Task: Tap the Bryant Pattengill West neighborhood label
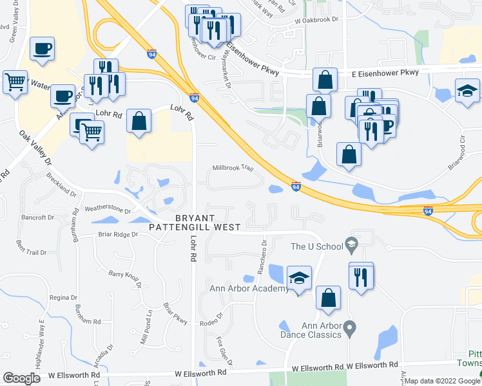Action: [x=194, y=222]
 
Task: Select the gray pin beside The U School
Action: [x=351, y=243]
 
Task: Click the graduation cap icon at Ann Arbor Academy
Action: [x=299, y=278]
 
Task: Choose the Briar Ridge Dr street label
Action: [x=118, y=235]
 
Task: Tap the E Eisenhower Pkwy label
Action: [x=383, y=72]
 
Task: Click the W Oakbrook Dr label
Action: [x=316, y=20]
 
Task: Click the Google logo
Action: [x=21, y=378]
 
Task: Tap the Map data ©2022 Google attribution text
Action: [x=442, y=381]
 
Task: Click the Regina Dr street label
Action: [x=63, y=297]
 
